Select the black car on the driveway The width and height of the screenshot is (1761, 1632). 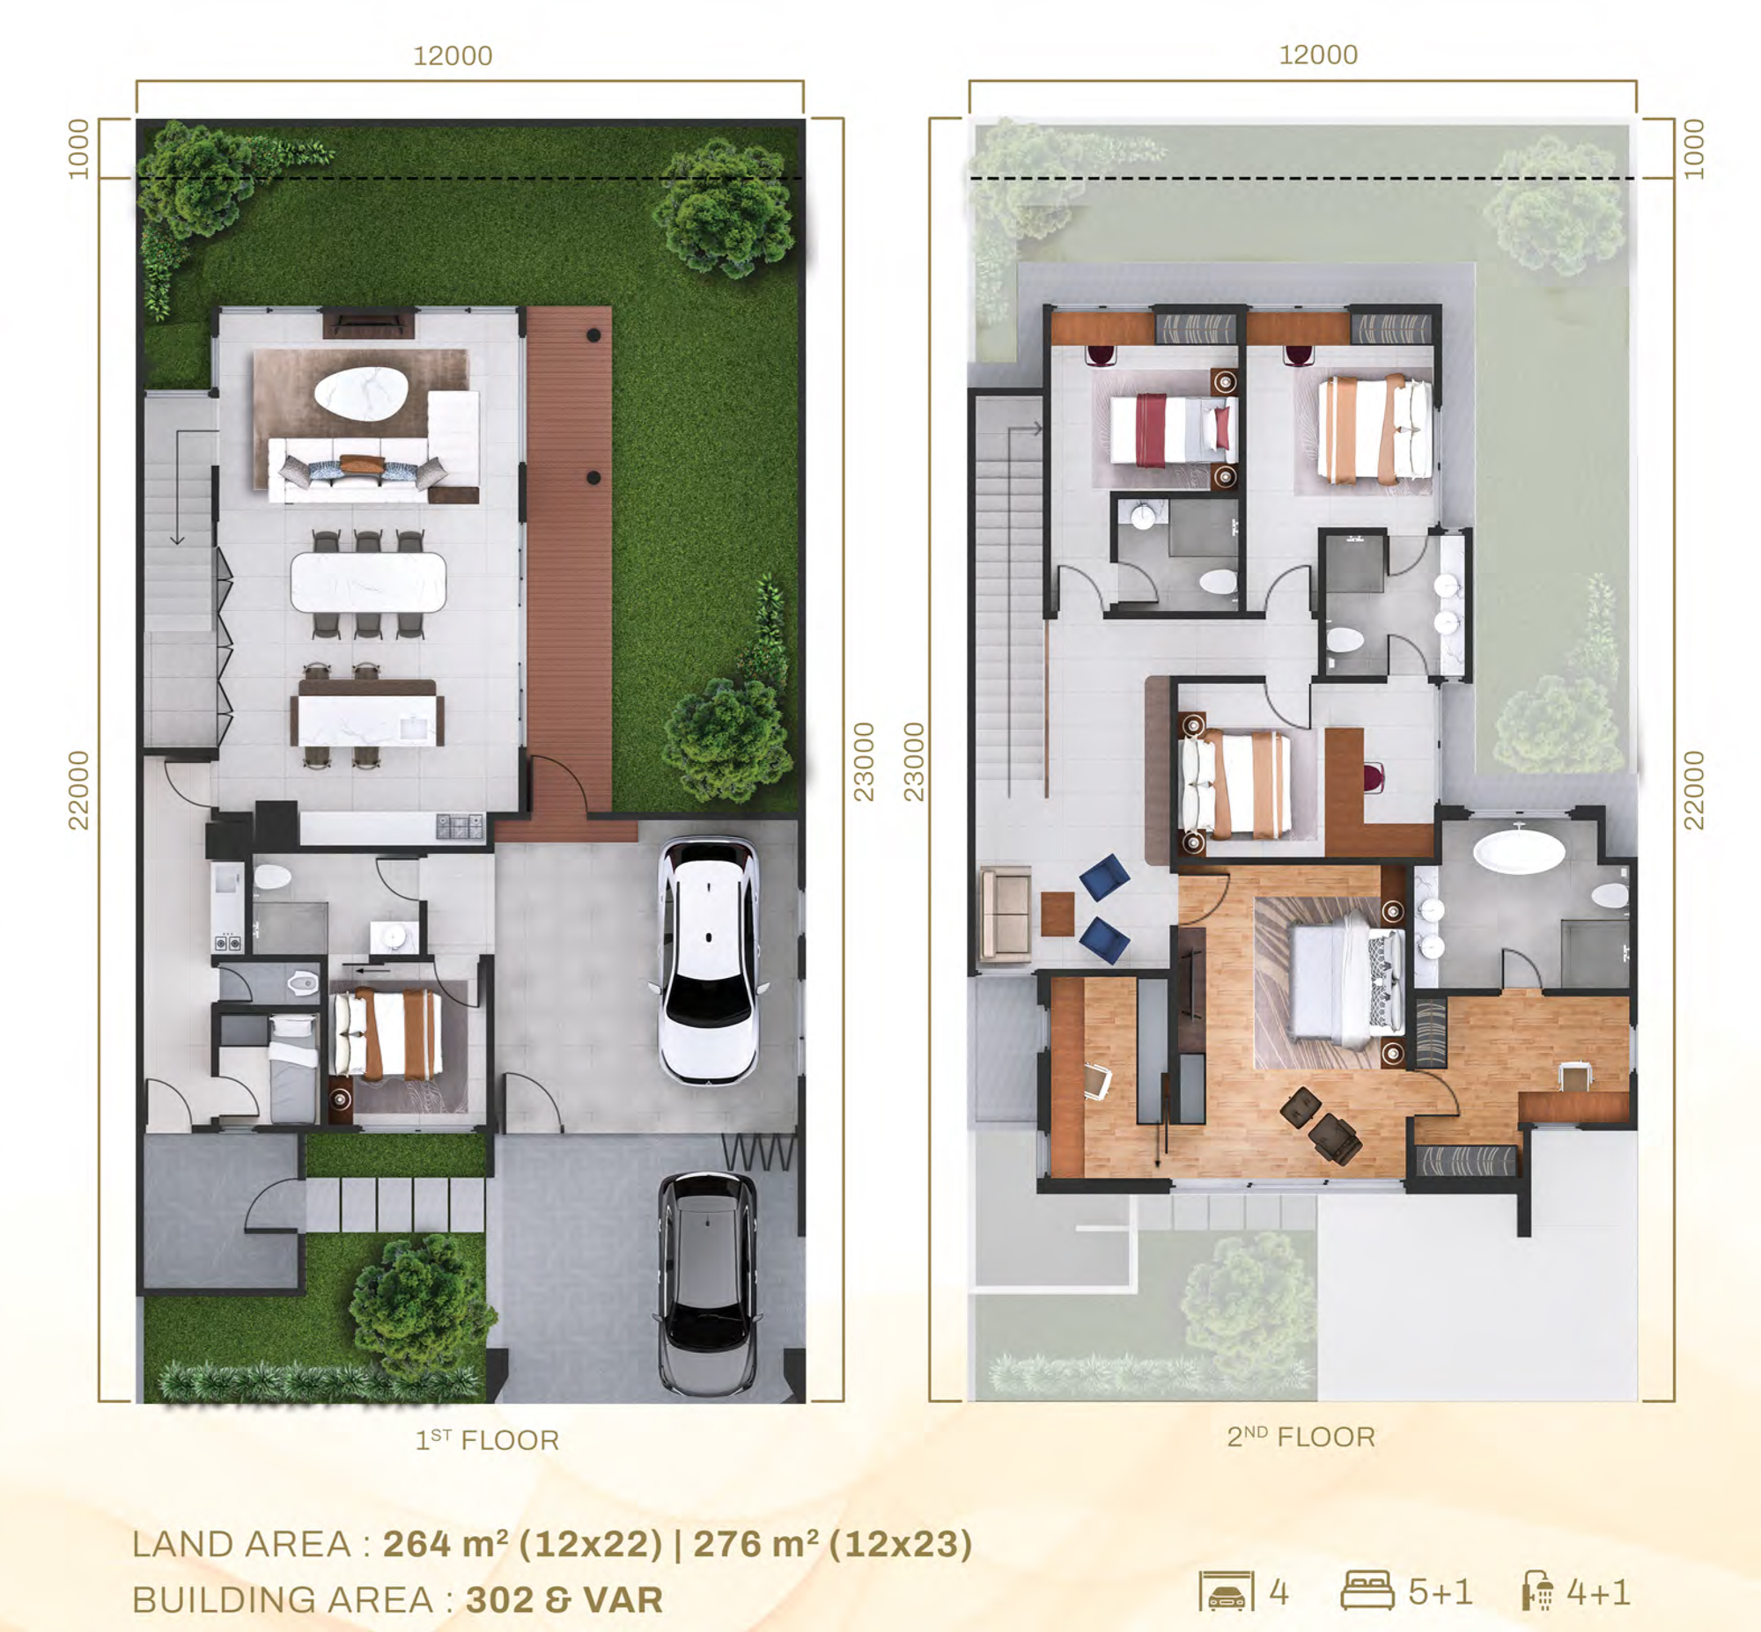[707, 1284]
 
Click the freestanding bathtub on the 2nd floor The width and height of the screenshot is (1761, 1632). [1519, 849]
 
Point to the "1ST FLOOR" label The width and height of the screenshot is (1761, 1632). [488, 1440]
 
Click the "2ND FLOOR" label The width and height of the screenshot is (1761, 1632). [1300, 1437]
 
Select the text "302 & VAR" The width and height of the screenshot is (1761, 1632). [564, 1599]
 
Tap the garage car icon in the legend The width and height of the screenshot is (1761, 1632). [1226, 1592]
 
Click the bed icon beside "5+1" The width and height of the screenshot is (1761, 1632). [1367, 1591]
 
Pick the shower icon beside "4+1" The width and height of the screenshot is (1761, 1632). [1536, 1592]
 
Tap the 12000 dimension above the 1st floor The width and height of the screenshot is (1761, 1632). [453, 55]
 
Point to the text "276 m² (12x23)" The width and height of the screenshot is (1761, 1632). [832, 1544]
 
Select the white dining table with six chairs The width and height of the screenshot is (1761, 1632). [368, 583]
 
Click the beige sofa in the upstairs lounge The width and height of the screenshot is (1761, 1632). [1005, 915]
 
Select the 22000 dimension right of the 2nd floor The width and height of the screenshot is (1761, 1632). [1693, 790]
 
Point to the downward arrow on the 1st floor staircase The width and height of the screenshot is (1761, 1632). [178, 488]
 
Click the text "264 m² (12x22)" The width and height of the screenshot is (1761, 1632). [523, 1544]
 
